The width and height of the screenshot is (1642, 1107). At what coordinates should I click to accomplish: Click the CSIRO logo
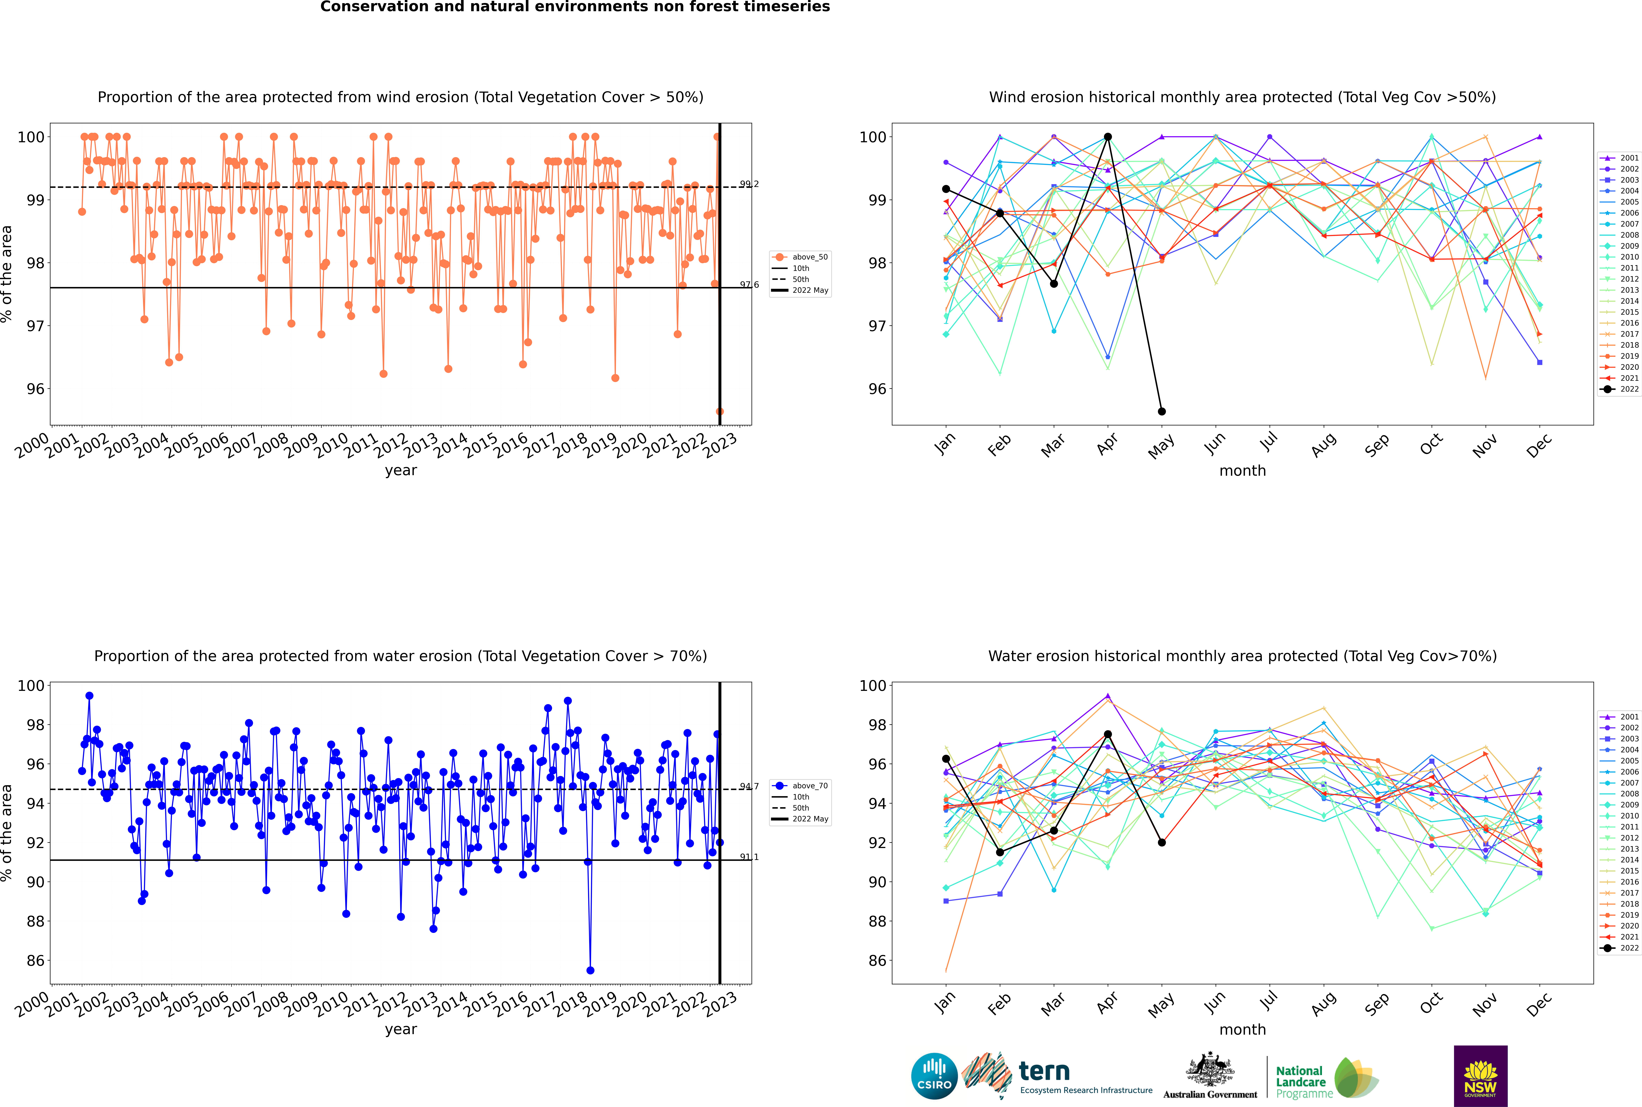click(x=934, y=1077)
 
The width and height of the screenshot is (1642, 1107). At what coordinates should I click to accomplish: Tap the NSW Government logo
click(x=1480, y=1075)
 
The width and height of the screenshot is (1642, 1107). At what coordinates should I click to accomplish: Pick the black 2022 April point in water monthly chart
click(x=1108, y=734)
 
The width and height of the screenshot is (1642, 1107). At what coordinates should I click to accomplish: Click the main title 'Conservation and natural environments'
click(x=575, y=7)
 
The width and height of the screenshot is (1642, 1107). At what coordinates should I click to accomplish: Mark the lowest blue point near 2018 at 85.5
click(x=590, y=970)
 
